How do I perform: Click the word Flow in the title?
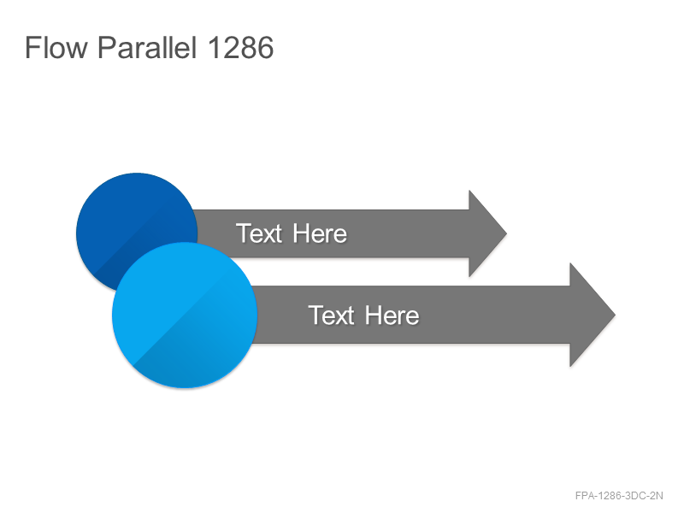pos(56,47)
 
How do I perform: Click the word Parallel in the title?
pos(147,47)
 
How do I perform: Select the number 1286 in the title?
pos(241,47)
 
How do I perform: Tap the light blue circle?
pos(185,315)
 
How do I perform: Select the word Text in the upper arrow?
pos(259,233)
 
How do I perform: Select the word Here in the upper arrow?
pos(320,233)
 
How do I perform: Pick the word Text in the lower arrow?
pos(332,315)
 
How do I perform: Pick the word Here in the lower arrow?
pos(392,315)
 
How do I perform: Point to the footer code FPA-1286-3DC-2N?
pos(619,496)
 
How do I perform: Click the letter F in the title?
pos(32,47)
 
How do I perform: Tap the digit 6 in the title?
pos(266,47)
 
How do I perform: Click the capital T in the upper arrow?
pos(244,233)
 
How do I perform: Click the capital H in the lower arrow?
pos(374,315)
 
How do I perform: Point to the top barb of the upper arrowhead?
pos(469,191)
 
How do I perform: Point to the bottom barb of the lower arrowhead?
pos(570,367)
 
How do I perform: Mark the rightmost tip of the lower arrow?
pos(615,315)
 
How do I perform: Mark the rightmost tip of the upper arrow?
pos(506,233)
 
